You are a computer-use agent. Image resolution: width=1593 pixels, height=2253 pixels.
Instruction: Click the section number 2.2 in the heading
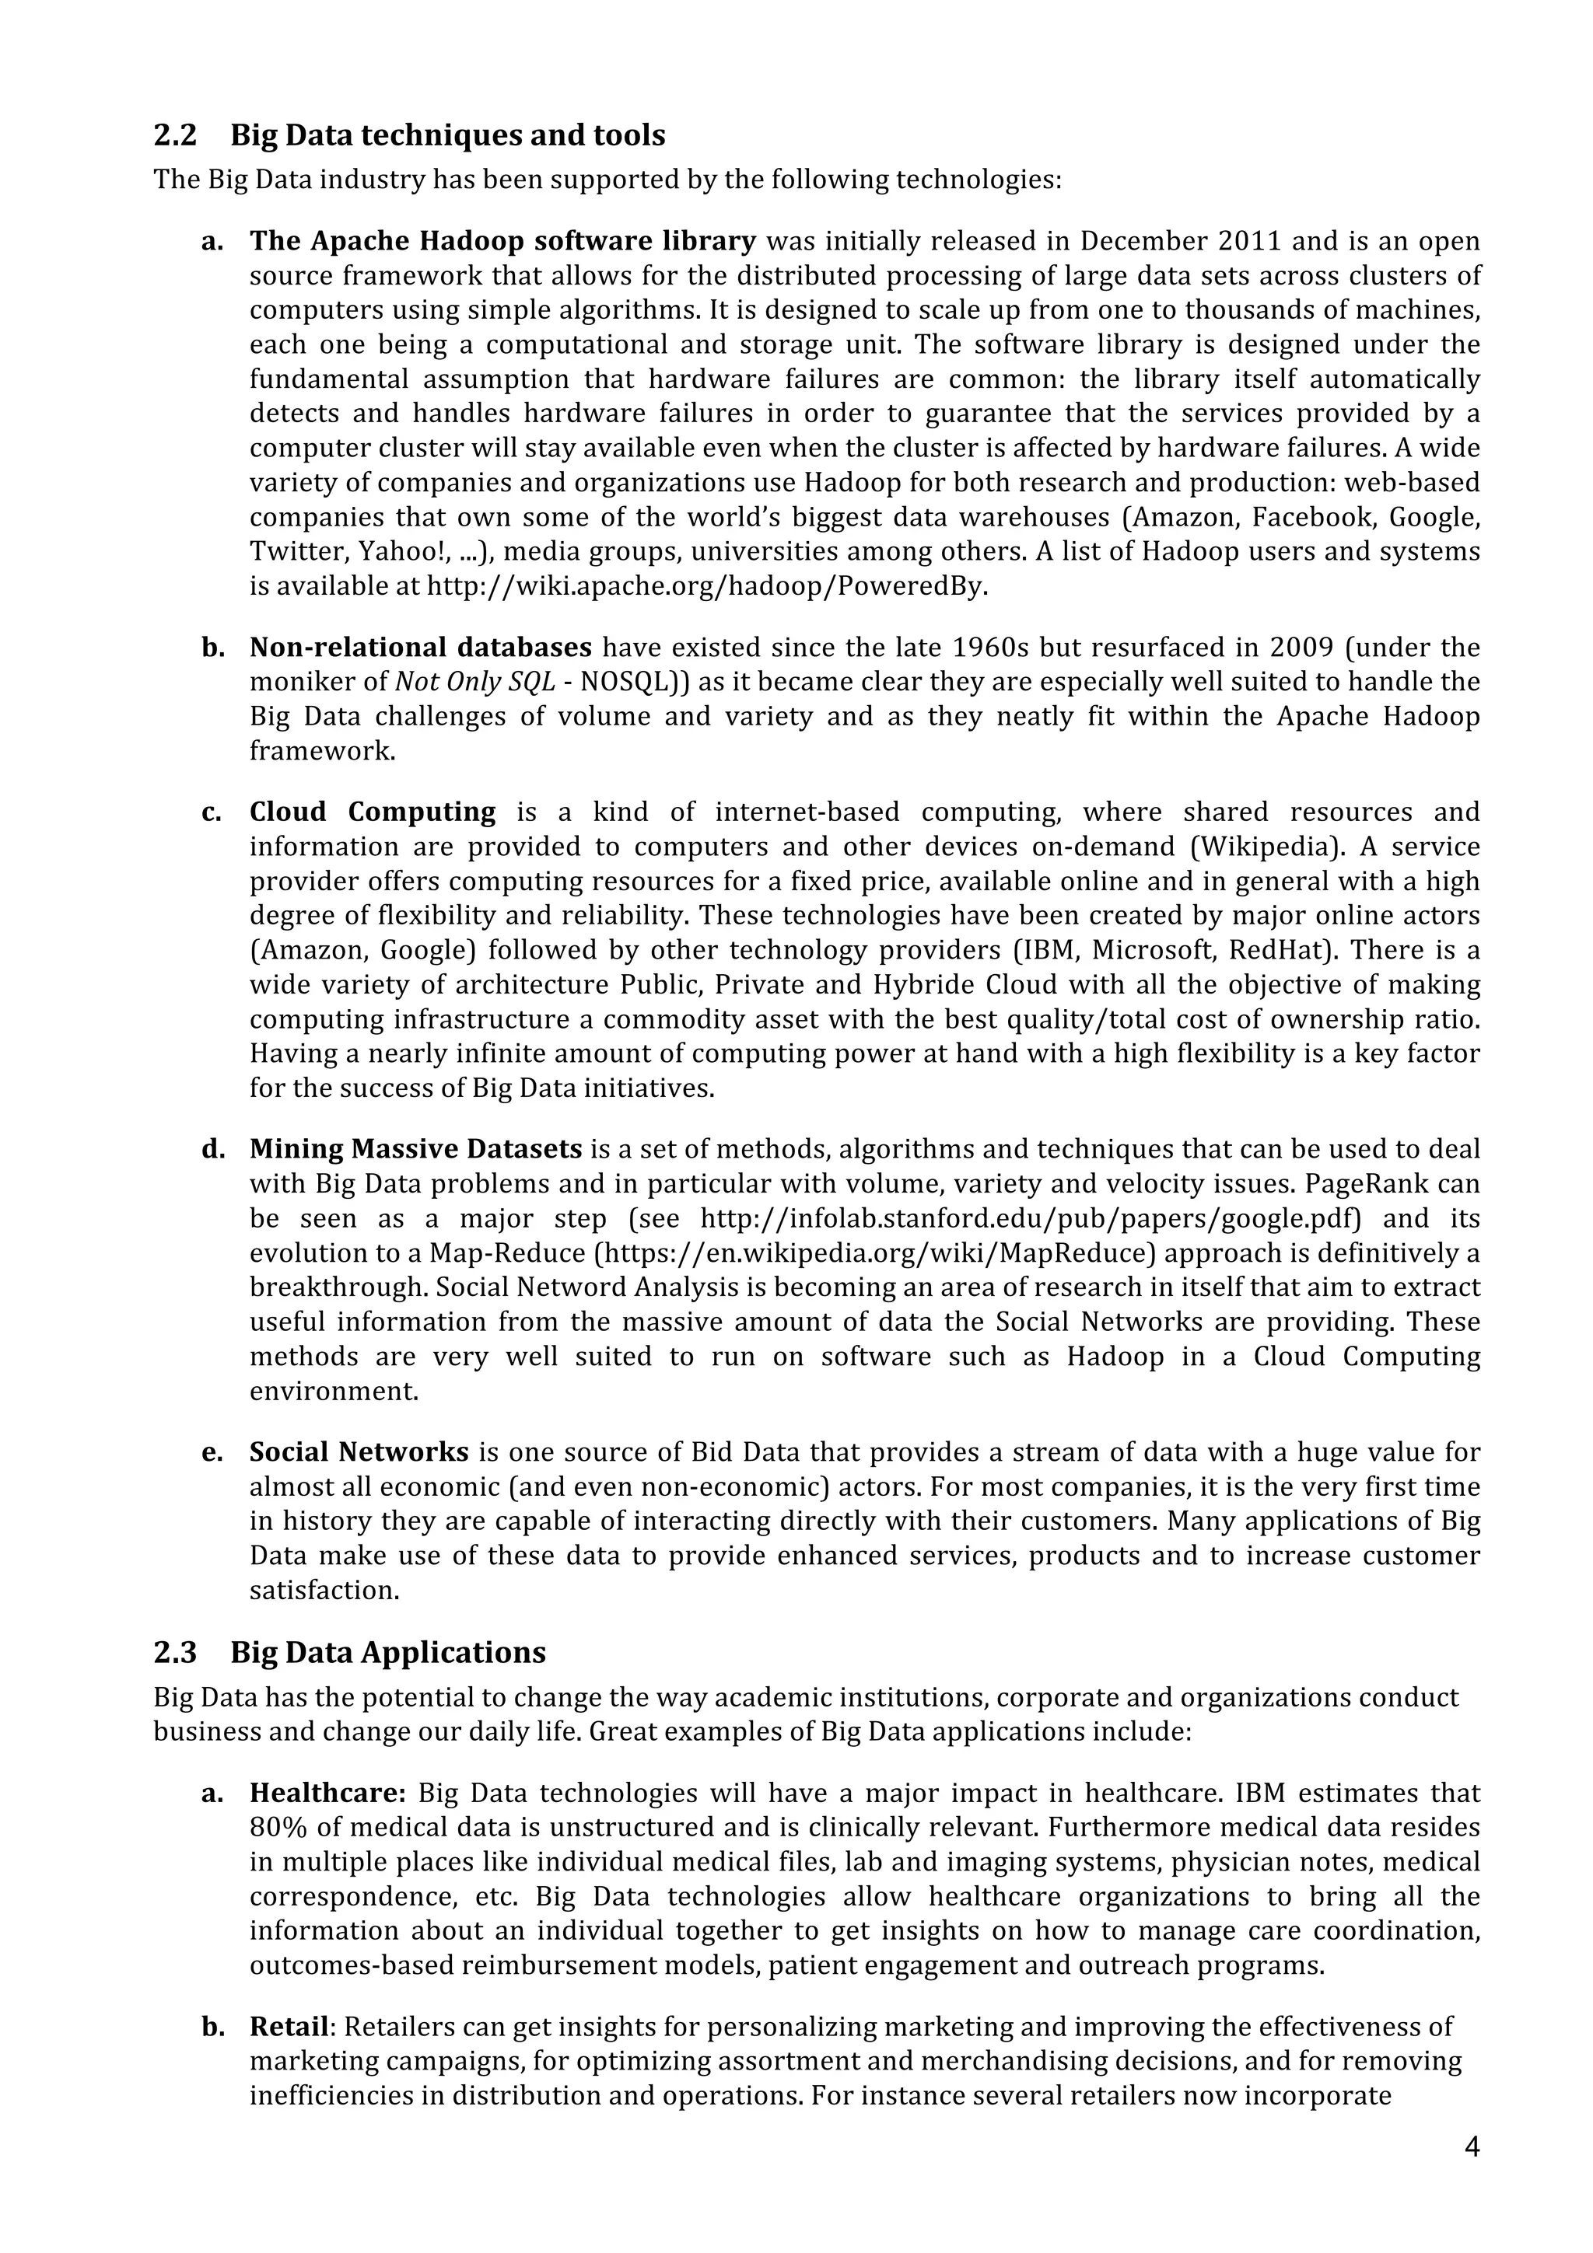tap(175, 135)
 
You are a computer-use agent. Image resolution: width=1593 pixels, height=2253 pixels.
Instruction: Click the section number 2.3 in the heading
tap(175, 1653)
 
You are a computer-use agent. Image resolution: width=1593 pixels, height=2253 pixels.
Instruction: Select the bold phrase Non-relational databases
tap(420, 648)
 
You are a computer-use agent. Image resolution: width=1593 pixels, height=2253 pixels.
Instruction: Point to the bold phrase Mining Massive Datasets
tap(415, 1149)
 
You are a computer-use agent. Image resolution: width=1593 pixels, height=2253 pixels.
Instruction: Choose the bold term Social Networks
tap(359, 1452)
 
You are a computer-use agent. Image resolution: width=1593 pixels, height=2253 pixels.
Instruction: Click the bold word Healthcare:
tap(327, 1793)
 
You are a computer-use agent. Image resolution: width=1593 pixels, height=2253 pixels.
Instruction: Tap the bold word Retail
tap(289, 2026)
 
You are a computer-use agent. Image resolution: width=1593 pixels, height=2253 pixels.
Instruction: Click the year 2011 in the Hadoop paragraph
tap(1248, 241)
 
